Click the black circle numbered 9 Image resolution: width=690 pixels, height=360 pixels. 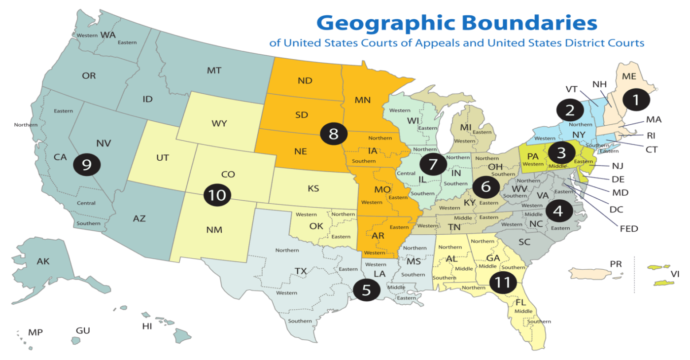pyautogui.click(x=87, y=164)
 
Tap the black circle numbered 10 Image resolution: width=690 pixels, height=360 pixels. pyautogui.click(x=217, y=195)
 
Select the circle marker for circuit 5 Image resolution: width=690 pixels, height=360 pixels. pyautogui.click(x=366, y=290)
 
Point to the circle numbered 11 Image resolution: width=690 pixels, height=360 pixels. pyautogui.click(x=502, y=283)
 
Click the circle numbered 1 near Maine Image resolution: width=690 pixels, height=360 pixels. pyautogui.click(x=636, y=100)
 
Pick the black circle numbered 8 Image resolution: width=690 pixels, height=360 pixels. pyautogui.click(x=334, y=133)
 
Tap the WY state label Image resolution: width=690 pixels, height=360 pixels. pyautogui.click(x=219, y=123)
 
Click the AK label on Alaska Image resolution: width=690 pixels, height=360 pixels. pyautogui.click(x=43, y=261)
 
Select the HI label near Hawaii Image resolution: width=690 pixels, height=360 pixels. pyautogui.click(x=147, y=326)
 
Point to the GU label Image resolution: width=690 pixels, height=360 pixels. pyautogui.click(x=83, y=330)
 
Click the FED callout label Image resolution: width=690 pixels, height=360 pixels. pyautogui.click(x=629, y=228)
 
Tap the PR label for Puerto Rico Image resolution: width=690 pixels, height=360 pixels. pyautogui.click(x=616, y=264)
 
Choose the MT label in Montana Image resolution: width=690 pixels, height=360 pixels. pyautogui.click(x=214, y=71)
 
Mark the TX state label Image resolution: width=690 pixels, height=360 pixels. pyautogui.click(x=301, y=271)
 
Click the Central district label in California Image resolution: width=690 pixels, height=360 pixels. pyautogui.click(x=86, y=203)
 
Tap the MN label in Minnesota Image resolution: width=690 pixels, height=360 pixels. pyautogui.click(x=362, y=100)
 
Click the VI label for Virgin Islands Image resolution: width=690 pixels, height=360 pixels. pyautogui.click(x=674, y=274)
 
